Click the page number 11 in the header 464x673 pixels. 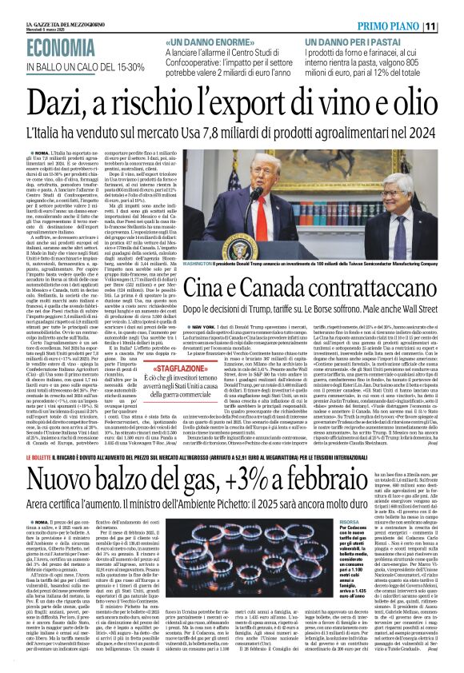tap(452, 26)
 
